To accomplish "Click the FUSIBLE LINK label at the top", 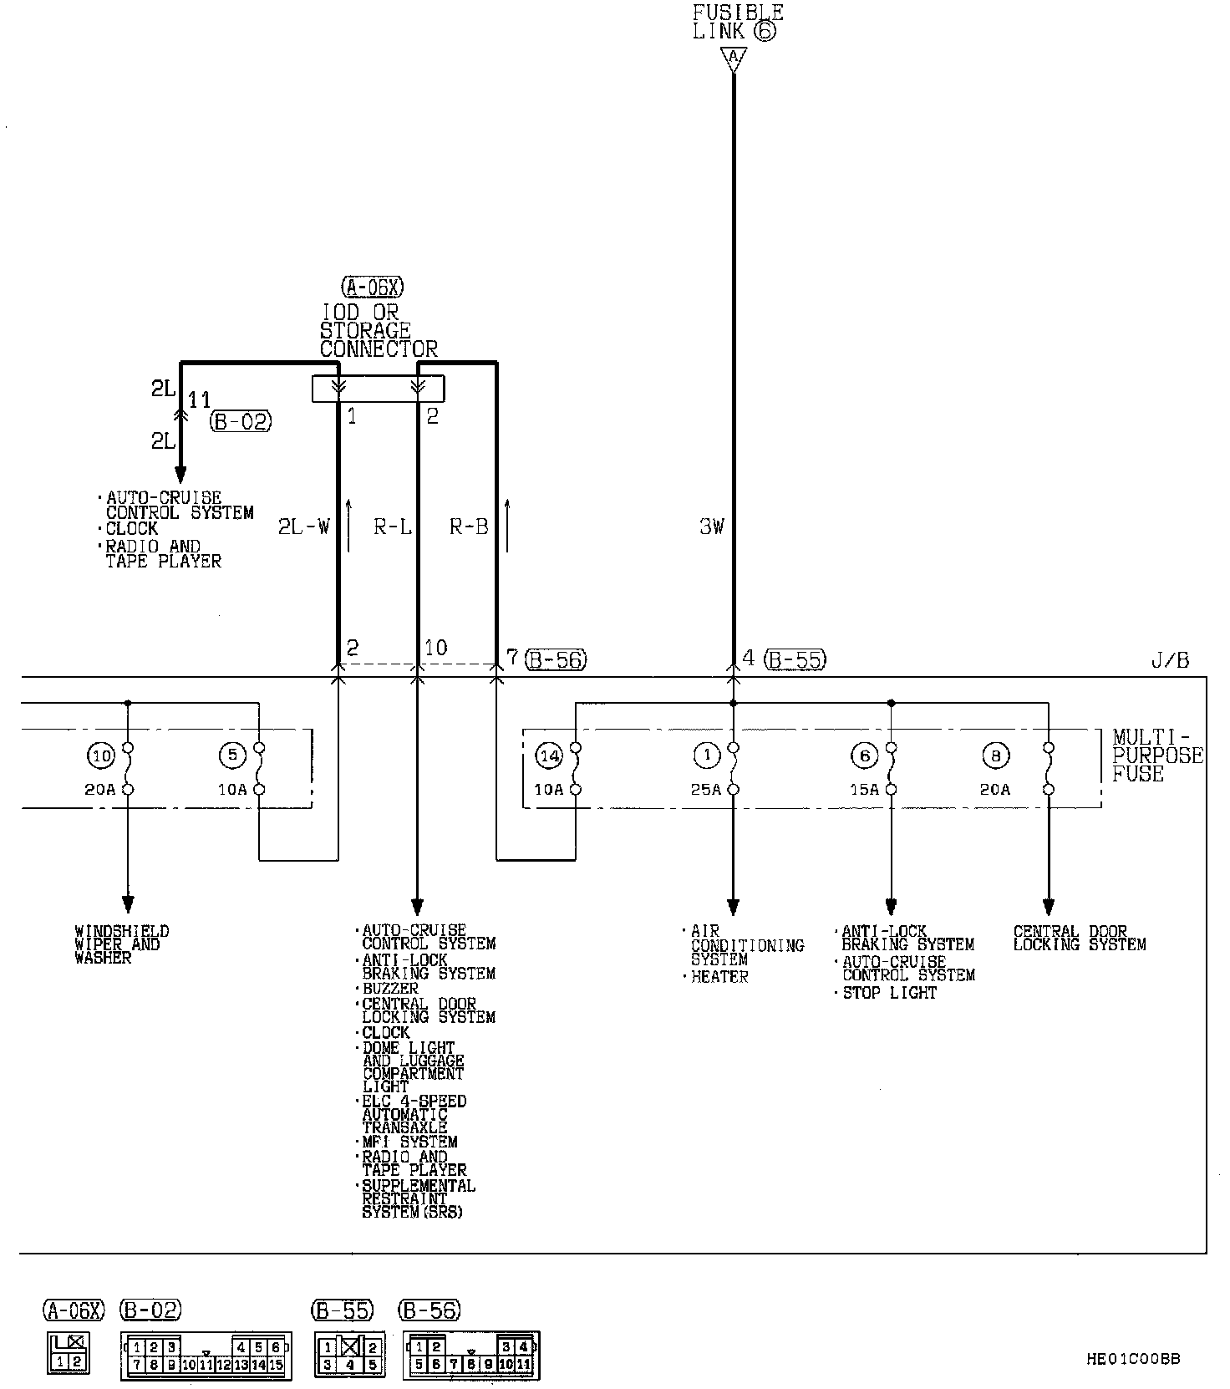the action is (739, 23).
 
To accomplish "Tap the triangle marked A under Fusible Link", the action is (734, 59).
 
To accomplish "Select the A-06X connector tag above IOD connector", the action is (373, 287).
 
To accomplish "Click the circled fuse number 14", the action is (549, 756).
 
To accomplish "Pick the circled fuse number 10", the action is (102, 756).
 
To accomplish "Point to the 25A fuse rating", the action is (706, 789).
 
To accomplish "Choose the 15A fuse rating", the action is (864, 789).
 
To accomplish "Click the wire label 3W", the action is (712, 527).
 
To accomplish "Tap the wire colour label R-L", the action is (393, 527).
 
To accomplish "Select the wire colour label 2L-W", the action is (304, 527).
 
